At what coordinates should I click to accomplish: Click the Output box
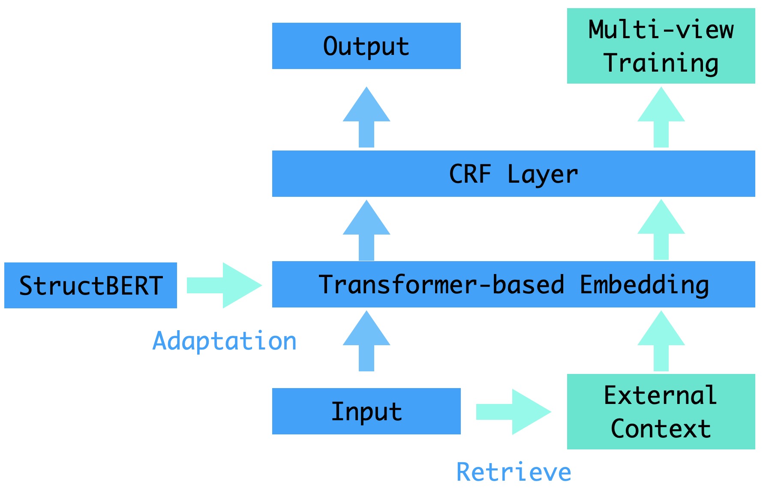[366, 46]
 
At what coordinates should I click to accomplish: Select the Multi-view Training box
[661, 46]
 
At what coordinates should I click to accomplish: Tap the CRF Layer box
[514, 174]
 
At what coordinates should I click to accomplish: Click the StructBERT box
[90, 285]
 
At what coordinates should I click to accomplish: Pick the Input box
[366, 411]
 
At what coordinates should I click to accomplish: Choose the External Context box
[661, 412]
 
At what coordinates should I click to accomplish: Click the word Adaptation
[225, 342]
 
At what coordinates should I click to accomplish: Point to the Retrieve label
[514, 472]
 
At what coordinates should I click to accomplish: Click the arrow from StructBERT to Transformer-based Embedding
[224, 285]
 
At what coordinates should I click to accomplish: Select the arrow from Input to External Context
[514, 412]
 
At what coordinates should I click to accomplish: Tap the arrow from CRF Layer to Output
[366, 117]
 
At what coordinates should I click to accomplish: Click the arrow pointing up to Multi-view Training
[661, 117]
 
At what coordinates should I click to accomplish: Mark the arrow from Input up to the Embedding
[366, 341]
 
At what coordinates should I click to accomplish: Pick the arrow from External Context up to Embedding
[661, 341]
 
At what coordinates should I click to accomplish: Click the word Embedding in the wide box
[644, 285]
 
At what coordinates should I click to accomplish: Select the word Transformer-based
[442, 284]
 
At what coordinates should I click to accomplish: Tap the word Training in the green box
[661, 63]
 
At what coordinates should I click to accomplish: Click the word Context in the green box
[661, 428]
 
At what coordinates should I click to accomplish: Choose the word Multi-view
[661, 29]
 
